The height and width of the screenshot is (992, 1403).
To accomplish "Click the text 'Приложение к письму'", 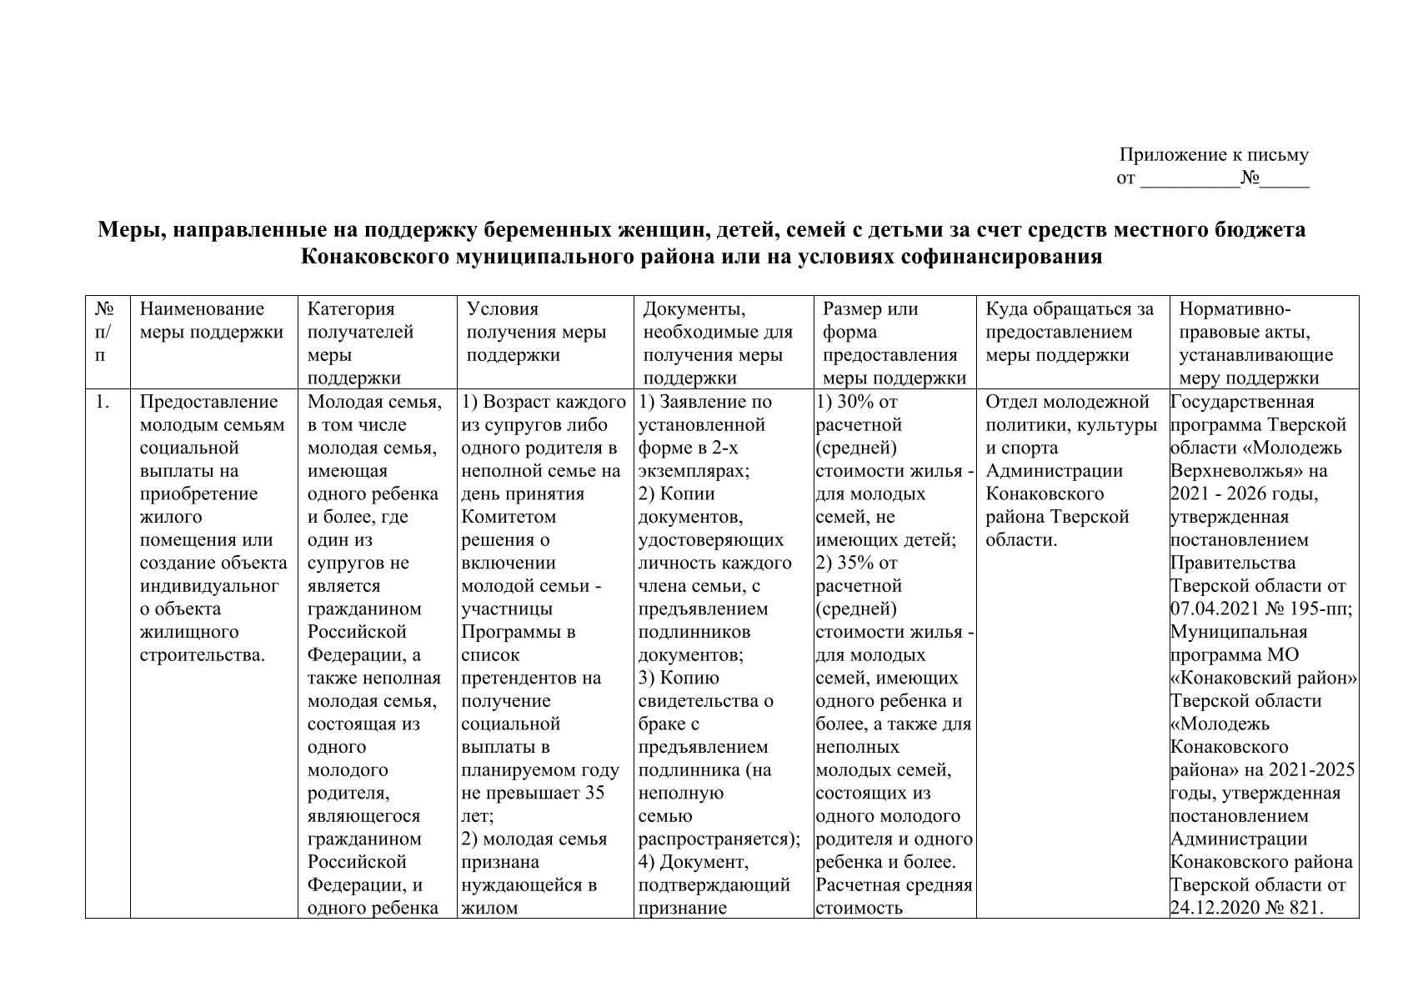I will [1213, 155].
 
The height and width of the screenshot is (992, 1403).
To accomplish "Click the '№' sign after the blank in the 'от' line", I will [1250, 178].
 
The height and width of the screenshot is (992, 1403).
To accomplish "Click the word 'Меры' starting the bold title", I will [124, 230].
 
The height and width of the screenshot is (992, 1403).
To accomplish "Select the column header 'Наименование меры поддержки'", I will [212, 321].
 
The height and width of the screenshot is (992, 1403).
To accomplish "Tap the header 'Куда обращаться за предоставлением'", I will [1070, 332].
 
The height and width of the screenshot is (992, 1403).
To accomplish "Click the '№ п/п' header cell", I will [104, 332].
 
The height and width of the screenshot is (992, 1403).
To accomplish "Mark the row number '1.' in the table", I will [102, 402].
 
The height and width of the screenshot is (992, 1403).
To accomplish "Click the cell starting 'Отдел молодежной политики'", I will [1070, 471].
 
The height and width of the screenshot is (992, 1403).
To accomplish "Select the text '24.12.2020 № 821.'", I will [1247, 908].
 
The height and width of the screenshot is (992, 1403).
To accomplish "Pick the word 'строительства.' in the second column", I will [203, 655].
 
